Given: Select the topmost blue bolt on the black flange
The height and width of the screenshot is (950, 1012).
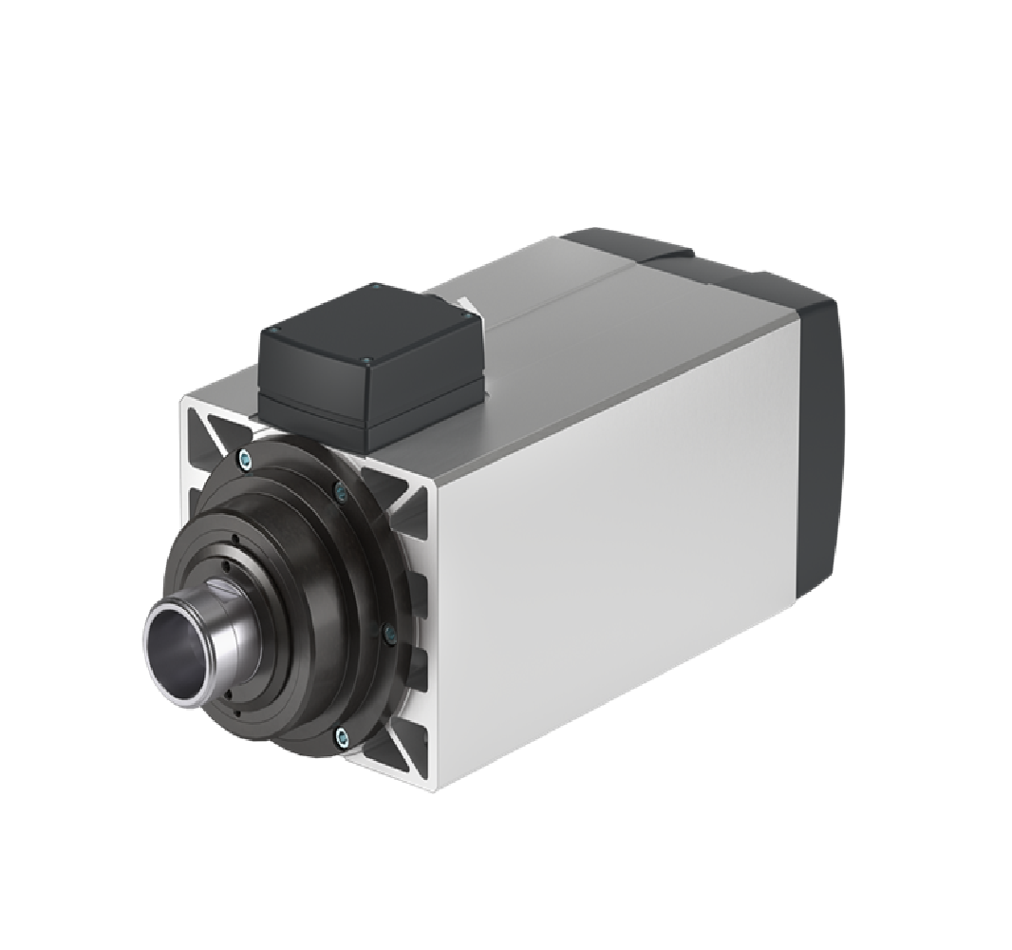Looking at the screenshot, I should click(x=246, y=459).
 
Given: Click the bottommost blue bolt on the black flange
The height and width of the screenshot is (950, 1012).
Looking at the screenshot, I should click(x=341, y=733).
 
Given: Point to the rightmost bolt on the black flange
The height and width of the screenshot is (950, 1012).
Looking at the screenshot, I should click(x=387, y=630).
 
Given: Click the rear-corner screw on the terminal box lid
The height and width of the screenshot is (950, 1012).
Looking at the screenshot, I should click(x=377, y=289).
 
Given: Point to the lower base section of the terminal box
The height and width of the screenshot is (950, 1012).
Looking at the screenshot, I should click(x=370, y=413).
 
